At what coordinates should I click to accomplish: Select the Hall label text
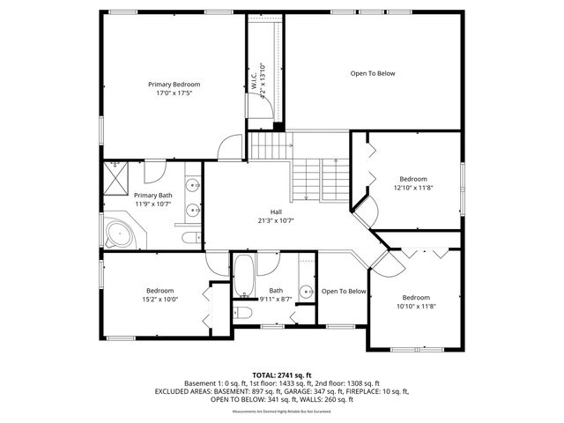(276, 212)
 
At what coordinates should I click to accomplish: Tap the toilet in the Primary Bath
(189, 238)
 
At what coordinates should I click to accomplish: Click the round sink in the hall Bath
(305, 292)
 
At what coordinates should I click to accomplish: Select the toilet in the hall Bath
(243, 312)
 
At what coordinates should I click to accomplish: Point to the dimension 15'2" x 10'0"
(160, 299)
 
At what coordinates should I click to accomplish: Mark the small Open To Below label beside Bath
(343, 291)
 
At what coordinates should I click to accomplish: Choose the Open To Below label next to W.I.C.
(373, 73)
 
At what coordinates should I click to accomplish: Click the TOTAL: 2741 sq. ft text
(281, 375)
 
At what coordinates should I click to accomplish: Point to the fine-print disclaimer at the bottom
(281, 412)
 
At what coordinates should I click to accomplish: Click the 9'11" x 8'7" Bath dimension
(276, 299)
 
